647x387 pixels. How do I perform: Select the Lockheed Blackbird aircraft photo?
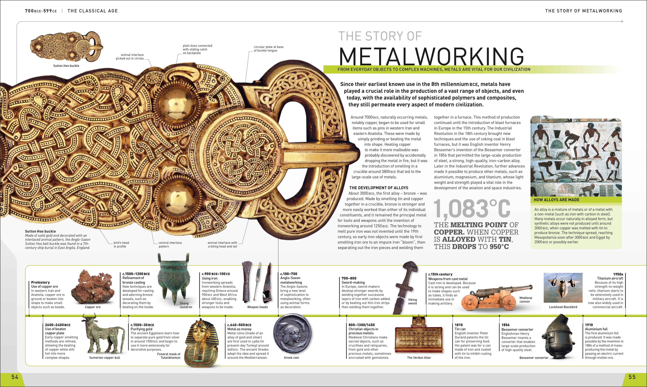tap(563, 288)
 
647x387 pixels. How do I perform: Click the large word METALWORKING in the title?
tap(431, 56)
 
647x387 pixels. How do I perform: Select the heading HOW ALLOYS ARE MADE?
tap(556, 200)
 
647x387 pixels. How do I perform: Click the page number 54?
tap(15, 377)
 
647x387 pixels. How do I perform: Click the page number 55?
tap(632, 377)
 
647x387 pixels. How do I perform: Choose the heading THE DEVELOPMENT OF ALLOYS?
tap(379, 188)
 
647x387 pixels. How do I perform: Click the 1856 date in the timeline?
tap(505, 325)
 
